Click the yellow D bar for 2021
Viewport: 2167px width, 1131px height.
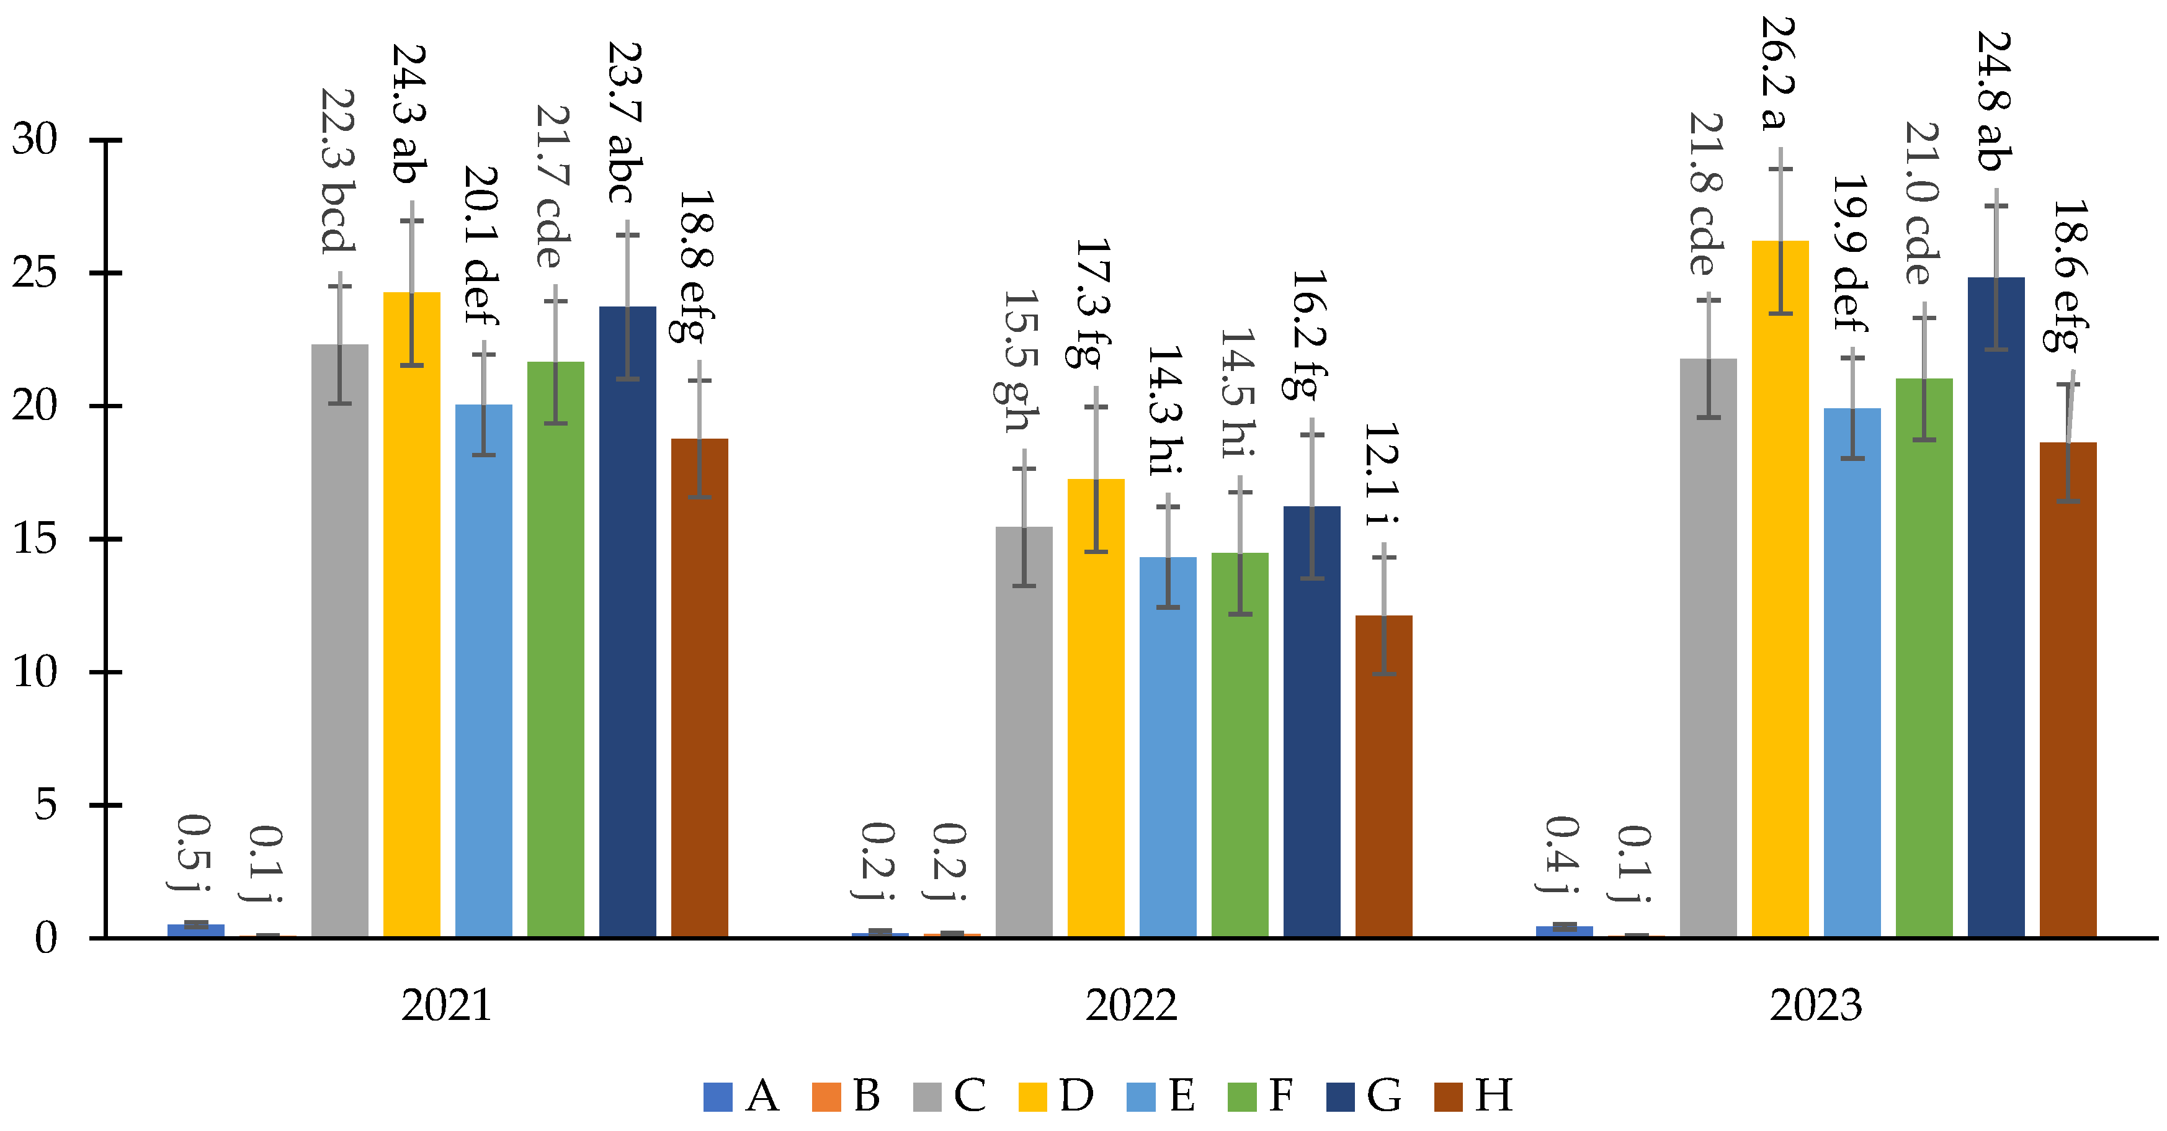[411, 614]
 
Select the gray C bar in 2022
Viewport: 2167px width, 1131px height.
[1024, 731]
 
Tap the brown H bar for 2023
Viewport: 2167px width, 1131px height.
[2068, 689]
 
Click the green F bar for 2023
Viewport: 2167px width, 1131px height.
[1924, 657]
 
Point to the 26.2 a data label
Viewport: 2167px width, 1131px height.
[1777, 74]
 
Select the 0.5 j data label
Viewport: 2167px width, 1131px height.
[194, 852]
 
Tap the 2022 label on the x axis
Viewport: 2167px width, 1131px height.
[1130, 1006]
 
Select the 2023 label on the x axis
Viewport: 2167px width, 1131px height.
[1815, 1006]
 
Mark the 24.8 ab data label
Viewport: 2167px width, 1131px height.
[1994, 101]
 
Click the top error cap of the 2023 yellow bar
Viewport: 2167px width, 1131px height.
[1780, 169]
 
